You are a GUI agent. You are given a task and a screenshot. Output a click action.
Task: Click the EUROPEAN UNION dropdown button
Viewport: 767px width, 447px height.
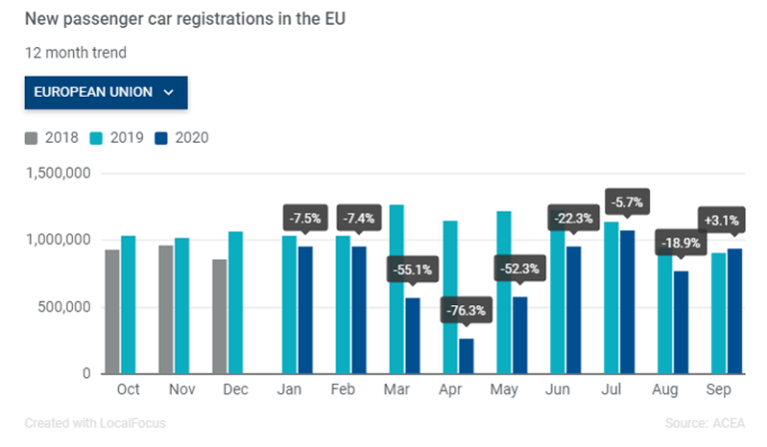(x=106, y=92)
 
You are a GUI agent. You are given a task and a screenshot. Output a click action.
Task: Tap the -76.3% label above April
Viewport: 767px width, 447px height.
(x=466, y=310)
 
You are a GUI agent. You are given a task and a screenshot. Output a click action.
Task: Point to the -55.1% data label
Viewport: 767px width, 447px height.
(x=411, y=269)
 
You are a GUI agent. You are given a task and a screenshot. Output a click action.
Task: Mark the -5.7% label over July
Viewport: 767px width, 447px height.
(x=628, y=203)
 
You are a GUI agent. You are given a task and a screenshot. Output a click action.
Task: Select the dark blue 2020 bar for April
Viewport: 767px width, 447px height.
(x=466, y=356)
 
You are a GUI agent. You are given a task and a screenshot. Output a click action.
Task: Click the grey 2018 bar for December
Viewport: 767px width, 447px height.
(x=219, y=316)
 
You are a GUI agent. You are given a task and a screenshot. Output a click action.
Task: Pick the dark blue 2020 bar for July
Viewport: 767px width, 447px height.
(x=628, y=302)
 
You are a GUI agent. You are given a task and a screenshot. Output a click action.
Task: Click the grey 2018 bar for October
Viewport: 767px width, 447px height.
(x=112, y=311)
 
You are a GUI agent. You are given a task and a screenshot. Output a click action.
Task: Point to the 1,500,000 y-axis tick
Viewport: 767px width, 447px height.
(x=58, y=174)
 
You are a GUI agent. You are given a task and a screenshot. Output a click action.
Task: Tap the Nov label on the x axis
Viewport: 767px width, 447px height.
(x=182, y=390)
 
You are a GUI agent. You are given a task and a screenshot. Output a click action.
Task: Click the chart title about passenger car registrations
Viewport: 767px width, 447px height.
(x=178, y=19)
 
